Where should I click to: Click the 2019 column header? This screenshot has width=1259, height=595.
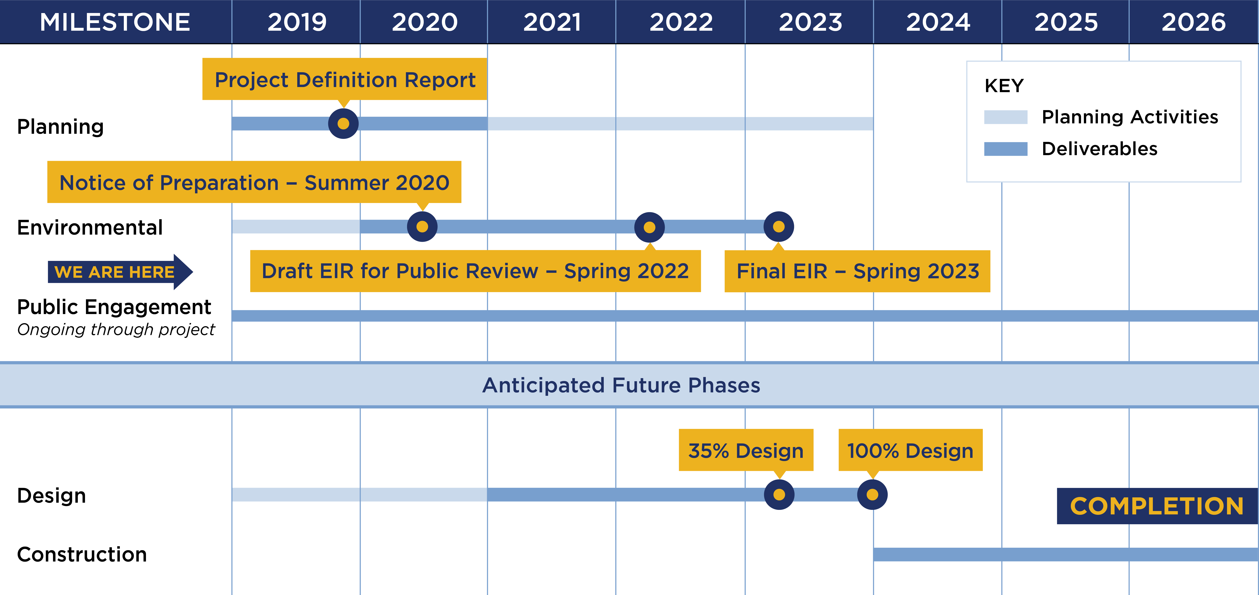(297, 22)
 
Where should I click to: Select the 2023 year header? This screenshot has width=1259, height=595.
(810, 22)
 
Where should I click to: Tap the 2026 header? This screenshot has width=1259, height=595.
(1193, 22)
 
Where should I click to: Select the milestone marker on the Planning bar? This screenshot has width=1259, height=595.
(343, 124)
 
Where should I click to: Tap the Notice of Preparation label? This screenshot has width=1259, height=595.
(254, 182)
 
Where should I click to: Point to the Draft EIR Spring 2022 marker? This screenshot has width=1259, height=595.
(649, 227)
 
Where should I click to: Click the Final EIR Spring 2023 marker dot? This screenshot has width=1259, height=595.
(778, 227)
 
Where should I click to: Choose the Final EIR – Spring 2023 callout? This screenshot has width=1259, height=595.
(857, 271)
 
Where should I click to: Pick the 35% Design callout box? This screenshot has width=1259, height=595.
(746, 450)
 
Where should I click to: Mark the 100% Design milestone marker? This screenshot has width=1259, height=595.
(872, 494)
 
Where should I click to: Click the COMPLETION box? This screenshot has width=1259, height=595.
(1157, 506)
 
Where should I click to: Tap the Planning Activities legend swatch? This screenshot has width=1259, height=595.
(1006, 117)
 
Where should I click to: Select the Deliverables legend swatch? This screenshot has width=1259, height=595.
(1006, 149)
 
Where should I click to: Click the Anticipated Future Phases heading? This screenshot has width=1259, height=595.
(621, 385)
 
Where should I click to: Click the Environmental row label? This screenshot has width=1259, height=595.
(90, 228)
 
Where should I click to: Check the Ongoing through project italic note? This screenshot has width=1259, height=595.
(116, 330)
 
